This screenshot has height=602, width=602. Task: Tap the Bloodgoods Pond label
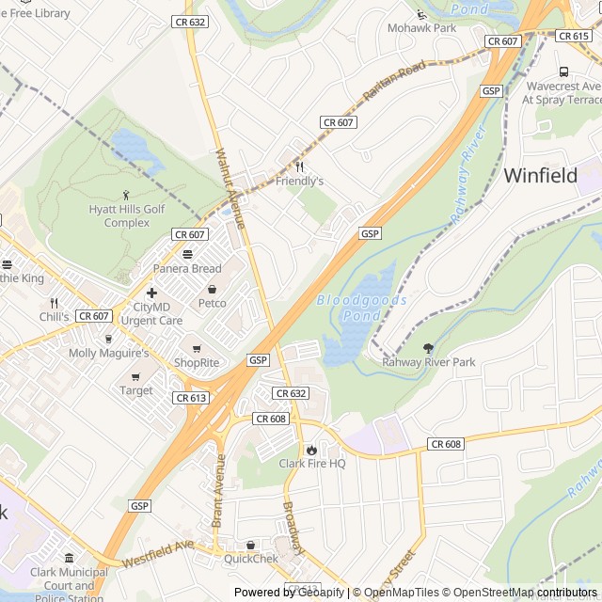click(362, 307)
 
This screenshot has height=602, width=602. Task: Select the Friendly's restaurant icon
click(299, 166)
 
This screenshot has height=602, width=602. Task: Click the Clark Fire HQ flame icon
click(311, 450)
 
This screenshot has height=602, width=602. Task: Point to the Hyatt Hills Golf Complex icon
click(127, 195)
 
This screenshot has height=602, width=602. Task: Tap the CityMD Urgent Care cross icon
click(151, 293)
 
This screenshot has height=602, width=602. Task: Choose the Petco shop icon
click(212, 289)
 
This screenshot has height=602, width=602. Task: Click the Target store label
click(136, 390)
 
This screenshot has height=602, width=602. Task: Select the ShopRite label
click(196, 362)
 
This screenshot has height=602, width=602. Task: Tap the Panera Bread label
click(187, 269)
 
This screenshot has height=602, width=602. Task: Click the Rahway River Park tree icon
click(429, 348)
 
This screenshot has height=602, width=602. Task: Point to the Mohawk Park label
click(421, 28)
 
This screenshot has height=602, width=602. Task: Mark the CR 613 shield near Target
click(190, 398)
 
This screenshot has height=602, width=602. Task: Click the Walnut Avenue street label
click(230, 188)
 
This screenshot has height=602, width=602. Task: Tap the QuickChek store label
click(250, 558)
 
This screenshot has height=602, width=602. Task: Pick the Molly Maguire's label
click(109, 353)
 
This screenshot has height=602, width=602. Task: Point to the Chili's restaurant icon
click(54, 303)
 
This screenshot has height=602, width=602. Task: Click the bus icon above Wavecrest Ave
click(563, 71)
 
